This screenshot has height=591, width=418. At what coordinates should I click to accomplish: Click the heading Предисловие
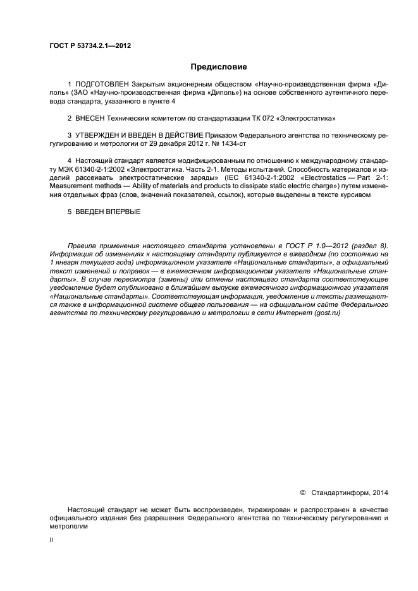[219, 66]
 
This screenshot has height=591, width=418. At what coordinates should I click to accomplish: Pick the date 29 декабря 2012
[162, 144]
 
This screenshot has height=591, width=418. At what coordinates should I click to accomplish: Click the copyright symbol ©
[302, 492]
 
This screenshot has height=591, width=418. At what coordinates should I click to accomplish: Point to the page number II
[51, 540]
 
